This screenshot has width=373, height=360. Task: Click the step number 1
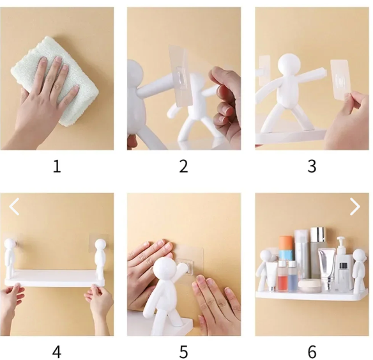[x=57, y=167]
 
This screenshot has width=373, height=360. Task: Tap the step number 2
[x=183, y=167]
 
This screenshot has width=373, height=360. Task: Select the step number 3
[x=312, y=167]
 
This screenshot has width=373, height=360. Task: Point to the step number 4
[x=57, y=352]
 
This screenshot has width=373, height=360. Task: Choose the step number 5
[x=183, y=352]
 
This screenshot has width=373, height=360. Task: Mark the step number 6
[x=312, y=352]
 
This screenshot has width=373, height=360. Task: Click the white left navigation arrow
[x=14, y=207]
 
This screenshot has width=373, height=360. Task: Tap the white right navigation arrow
[x=355, y=207]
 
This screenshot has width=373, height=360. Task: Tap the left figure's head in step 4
[x=10, y=246]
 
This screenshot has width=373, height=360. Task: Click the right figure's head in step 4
[x=100, y=246]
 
